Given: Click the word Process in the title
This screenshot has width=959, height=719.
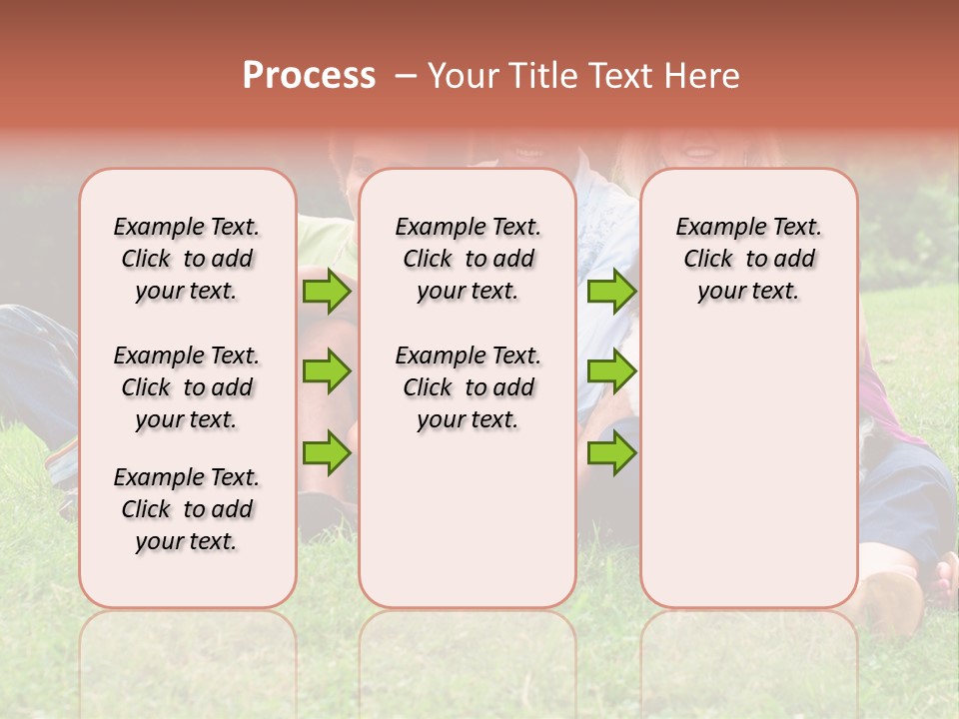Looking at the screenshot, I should [309, 76].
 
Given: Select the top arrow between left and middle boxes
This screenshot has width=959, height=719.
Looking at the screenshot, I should [327, 291].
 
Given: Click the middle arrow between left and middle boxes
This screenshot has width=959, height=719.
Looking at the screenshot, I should [327, 371].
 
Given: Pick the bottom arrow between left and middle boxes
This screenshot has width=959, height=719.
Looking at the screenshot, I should [327, 452].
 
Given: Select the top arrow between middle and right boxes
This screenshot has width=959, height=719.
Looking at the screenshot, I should [611, 291].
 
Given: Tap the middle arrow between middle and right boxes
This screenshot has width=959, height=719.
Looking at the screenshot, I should [611, 371].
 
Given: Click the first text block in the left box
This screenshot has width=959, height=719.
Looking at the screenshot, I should [187, 259].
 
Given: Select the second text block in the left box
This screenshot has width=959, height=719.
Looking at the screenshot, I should [187, 387].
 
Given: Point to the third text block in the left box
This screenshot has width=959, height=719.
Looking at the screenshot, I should [187, 509].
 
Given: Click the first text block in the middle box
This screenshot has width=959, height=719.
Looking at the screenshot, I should [468, 259].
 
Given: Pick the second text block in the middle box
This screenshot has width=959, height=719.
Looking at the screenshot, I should [468, 387].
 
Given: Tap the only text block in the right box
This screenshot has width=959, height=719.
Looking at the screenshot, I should [748, 259].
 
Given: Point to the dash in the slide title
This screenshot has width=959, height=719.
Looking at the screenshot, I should [407, 76].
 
